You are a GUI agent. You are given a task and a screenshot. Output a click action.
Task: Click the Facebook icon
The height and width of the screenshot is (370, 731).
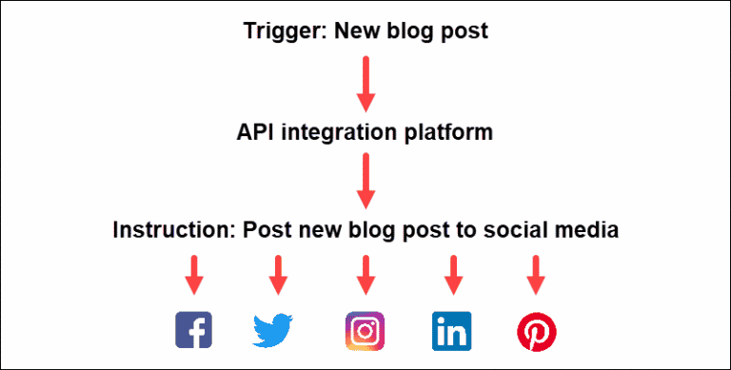click(194, 329)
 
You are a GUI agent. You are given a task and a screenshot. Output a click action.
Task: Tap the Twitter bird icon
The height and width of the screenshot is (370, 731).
click(275, 330)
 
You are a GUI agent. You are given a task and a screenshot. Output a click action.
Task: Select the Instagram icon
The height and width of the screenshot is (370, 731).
click(365, 330)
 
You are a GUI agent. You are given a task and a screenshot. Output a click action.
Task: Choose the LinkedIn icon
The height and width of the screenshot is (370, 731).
click(452, 330)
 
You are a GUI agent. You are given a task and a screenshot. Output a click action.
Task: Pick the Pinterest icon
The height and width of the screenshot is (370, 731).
click(537, 331)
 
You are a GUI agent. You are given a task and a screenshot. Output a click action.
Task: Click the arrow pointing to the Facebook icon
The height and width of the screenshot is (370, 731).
click(194, 274)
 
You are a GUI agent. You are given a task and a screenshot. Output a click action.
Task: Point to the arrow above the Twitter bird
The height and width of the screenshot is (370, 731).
click(277, 274)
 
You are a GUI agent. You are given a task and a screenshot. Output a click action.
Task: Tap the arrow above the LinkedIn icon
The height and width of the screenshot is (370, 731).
click(453, 274)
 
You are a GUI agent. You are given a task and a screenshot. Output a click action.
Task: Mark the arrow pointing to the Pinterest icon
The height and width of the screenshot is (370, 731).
click(535, 274)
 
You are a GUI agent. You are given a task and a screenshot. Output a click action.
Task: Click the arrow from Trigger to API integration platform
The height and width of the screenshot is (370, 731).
click(365, 83)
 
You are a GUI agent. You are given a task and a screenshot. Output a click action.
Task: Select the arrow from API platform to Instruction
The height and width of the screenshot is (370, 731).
click(365, 181)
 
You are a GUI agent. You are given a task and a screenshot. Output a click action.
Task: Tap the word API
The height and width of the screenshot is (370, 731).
click(256, 132)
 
